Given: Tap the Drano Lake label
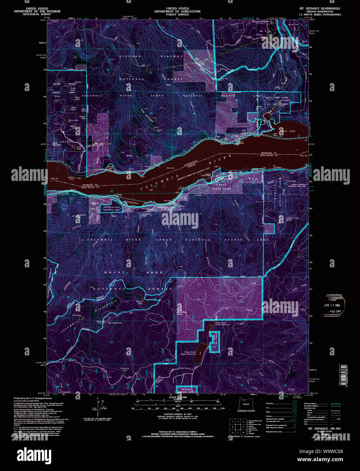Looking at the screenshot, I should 290,131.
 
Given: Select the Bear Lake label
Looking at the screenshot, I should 77,315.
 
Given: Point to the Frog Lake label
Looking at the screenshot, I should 79,148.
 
